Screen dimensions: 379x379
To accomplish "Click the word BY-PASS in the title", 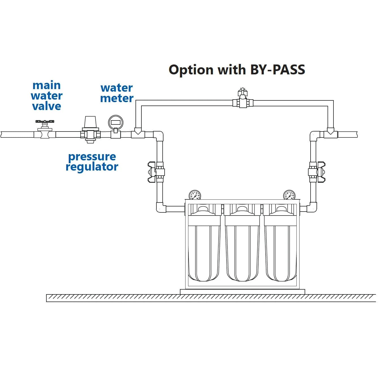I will click(277, 70).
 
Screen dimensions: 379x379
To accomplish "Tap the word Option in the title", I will click(191, 70).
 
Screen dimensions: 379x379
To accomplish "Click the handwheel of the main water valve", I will click(45, 122).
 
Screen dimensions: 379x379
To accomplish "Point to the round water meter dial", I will click(116, 122).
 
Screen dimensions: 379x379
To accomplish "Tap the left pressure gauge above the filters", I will click(195, 195).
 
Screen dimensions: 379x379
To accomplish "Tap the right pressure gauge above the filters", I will click(289, 195).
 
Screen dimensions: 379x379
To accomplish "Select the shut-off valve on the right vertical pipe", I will click(316, 172).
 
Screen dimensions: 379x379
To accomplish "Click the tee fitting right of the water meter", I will click(138, 133).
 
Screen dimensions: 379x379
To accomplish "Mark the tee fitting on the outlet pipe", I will click(330, 133).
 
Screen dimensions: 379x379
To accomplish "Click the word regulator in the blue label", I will click(92, 167).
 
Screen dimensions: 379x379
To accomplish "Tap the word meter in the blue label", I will click(117, 98).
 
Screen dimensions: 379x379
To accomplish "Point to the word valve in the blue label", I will click(47, 106).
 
